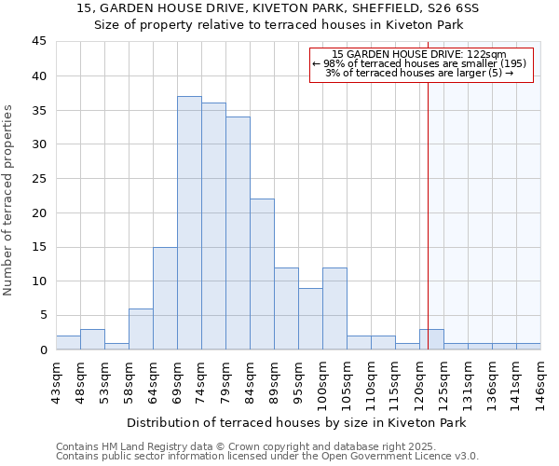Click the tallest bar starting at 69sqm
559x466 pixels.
coord(189,223)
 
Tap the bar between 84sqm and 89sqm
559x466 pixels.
coord(262,274)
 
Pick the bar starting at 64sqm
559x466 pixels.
coord(165,298)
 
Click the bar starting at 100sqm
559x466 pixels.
coord(334,308)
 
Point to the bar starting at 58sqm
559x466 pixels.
coord(141,329)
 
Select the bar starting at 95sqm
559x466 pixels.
coord(310,319)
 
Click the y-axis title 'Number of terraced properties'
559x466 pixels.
coord(8,199)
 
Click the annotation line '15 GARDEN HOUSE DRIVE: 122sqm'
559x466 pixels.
coord(419,55)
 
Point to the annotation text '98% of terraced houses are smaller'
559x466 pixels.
coord(419,63)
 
